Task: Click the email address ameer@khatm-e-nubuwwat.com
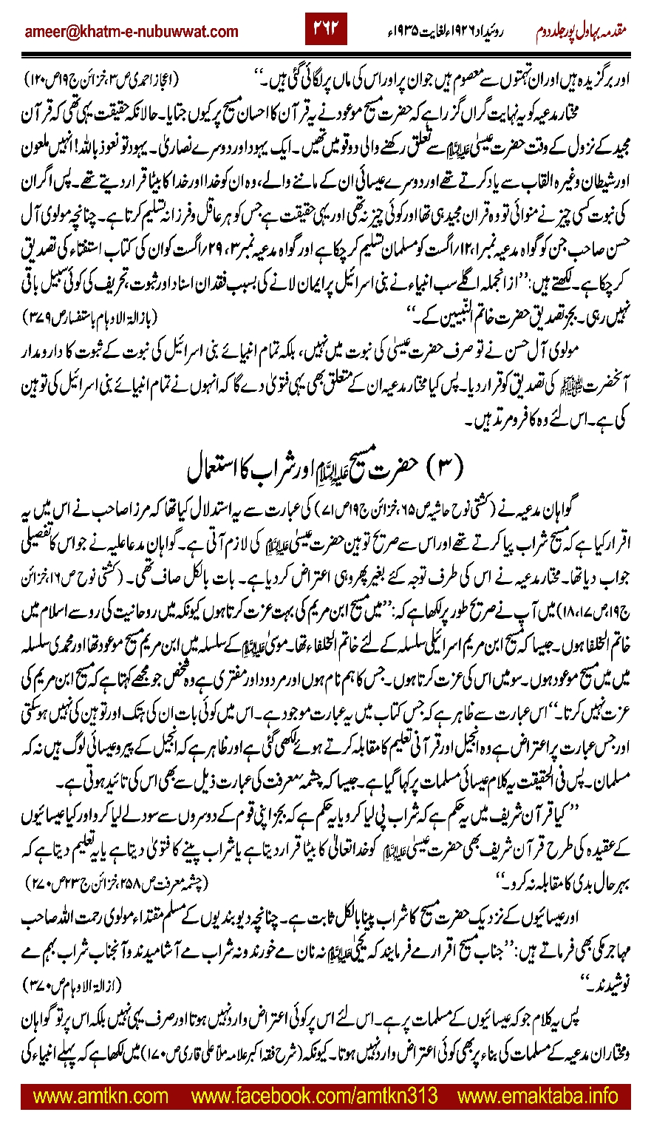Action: click(131, 32)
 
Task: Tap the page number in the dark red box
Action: click(326, 29)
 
